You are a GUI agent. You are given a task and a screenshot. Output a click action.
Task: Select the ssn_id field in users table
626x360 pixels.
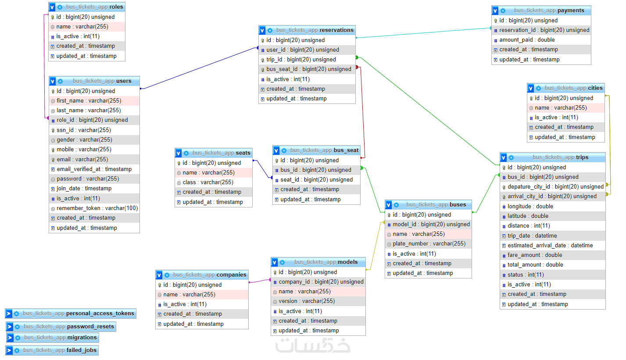click(83, 130)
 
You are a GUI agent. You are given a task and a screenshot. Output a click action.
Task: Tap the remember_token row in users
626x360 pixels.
click(97, 208)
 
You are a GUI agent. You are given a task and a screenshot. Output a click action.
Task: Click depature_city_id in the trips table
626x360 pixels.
click(555, 187)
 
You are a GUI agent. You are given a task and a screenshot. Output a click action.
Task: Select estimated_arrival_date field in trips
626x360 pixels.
click(550, 246)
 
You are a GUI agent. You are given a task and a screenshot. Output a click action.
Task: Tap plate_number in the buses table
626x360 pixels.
click(429, 244)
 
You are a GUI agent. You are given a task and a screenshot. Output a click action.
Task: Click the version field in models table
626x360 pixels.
click(307, 301)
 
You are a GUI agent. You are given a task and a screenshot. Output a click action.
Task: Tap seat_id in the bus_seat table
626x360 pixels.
click(316, 180)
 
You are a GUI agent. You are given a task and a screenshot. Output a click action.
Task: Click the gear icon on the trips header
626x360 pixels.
click(512, 157)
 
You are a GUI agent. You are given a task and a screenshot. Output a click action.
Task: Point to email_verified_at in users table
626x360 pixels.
click(94, 169)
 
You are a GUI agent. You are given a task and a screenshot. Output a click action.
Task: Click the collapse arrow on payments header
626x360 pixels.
click(495, 11)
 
